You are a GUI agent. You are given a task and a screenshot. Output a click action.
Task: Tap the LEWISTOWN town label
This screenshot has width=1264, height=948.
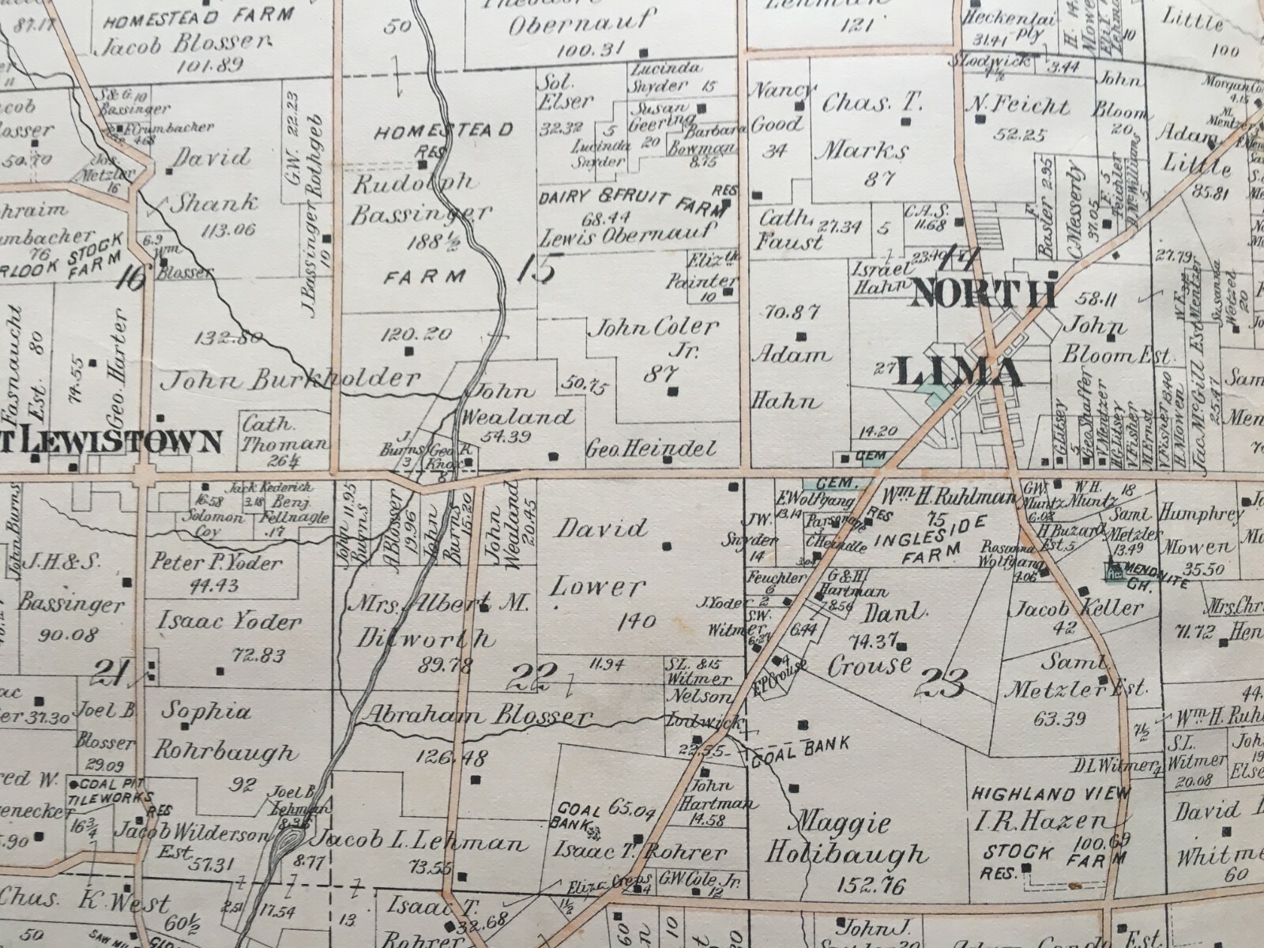[x=118, y=442]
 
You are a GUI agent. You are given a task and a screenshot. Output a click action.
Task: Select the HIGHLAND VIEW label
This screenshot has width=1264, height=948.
[x=1050, y=793]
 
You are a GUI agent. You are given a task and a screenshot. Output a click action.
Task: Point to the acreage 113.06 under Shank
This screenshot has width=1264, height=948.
[x=228, y=230]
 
